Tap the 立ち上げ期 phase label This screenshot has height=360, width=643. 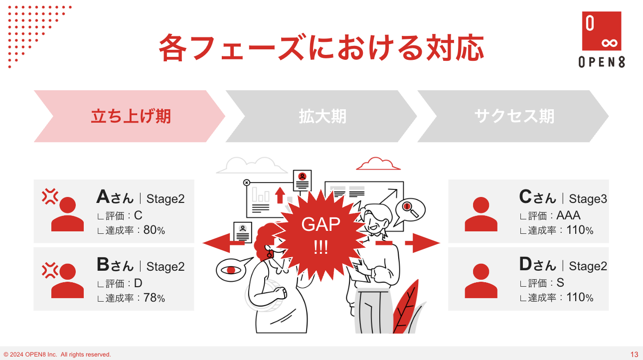pos(131,116)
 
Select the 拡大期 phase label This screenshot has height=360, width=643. pos(322,116)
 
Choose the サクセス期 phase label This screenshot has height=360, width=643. pos(514,116)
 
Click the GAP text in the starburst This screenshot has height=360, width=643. pos(321,224)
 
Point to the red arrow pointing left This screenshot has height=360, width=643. pos(223,243)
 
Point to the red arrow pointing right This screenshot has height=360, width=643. pos(422,243)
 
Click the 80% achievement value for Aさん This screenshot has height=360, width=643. pos(154,230)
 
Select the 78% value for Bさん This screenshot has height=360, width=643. pos(154,298)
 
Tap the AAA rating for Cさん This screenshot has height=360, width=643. pos(568,215)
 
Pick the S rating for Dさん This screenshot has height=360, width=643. pos(560,283)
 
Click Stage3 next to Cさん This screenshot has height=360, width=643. pos(588,198)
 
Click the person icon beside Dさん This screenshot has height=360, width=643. pos(481,281)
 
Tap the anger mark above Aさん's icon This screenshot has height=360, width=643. pos(50,196)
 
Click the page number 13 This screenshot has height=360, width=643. pos(634,354)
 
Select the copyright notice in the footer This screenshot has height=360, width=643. pos(57,355)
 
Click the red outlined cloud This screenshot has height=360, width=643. pos(378,164)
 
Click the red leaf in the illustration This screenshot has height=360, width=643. pos(406,308)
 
